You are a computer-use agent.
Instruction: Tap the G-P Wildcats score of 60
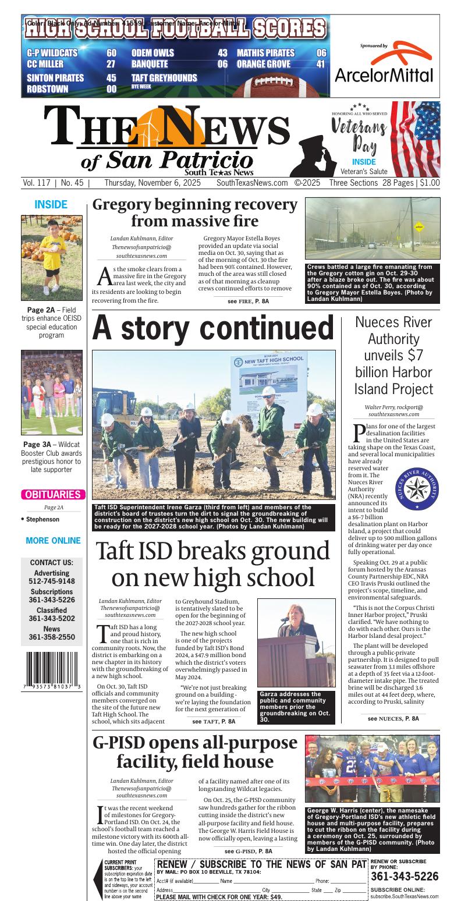tap(111, 53)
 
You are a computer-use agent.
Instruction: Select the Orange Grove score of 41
tap(320, 64)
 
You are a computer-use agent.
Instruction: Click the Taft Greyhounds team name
tap(164, 78)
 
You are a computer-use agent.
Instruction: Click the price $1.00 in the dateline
tap(430, 183)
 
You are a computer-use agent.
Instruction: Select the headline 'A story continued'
tap(213, 328)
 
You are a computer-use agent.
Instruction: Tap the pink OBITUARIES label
tap(52, 495)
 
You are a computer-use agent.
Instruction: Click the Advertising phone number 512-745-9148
tap(52, 581)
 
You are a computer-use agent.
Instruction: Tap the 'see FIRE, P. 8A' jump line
tap(248, 301)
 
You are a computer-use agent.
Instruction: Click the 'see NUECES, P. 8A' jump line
tap(393, 718)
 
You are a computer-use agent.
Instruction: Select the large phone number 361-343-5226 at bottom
tap(405, 877)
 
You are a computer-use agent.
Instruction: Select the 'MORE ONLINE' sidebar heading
tap(53, 541)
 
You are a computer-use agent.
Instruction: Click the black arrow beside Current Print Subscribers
tap(98, 878)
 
